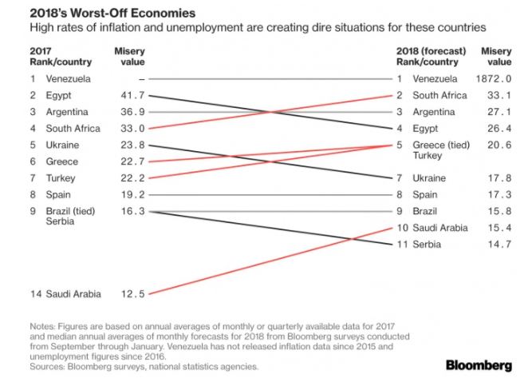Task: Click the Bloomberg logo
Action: click(479, 365)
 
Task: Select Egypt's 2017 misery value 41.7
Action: click(131, 96)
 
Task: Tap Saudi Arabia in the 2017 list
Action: click(73, 294)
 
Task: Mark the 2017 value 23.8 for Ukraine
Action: click(131, 145)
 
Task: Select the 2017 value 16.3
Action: click(131, 211)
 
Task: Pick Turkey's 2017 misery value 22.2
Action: click(131, 178)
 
